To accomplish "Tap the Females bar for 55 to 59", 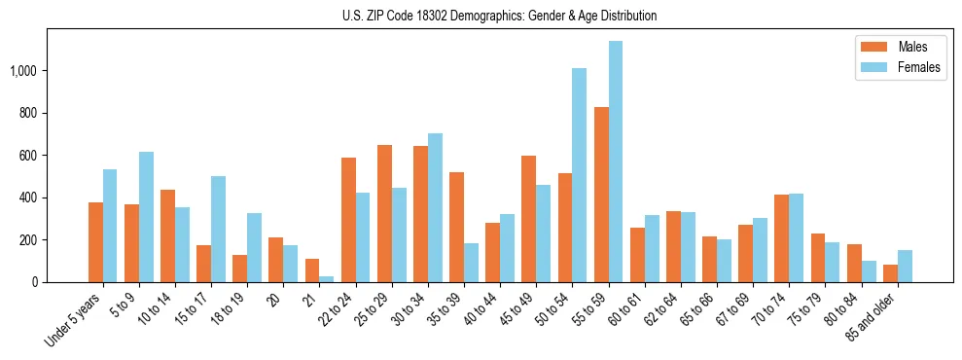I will (x=616, y=162).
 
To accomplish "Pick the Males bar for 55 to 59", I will (x=601, y=195).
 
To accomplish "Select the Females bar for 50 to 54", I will (x=580, y=175).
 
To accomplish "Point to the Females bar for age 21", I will (x=327, y=279).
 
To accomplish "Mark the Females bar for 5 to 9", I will (x=146, y=217).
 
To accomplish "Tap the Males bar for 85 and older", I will (x=890, y=273).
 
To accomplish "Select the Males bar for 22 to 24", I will (x=348, y=220).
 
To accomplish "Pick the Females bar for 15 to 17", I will (x=218, y=230).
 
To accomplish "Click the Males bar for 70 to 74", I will (x=782, y=238).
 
